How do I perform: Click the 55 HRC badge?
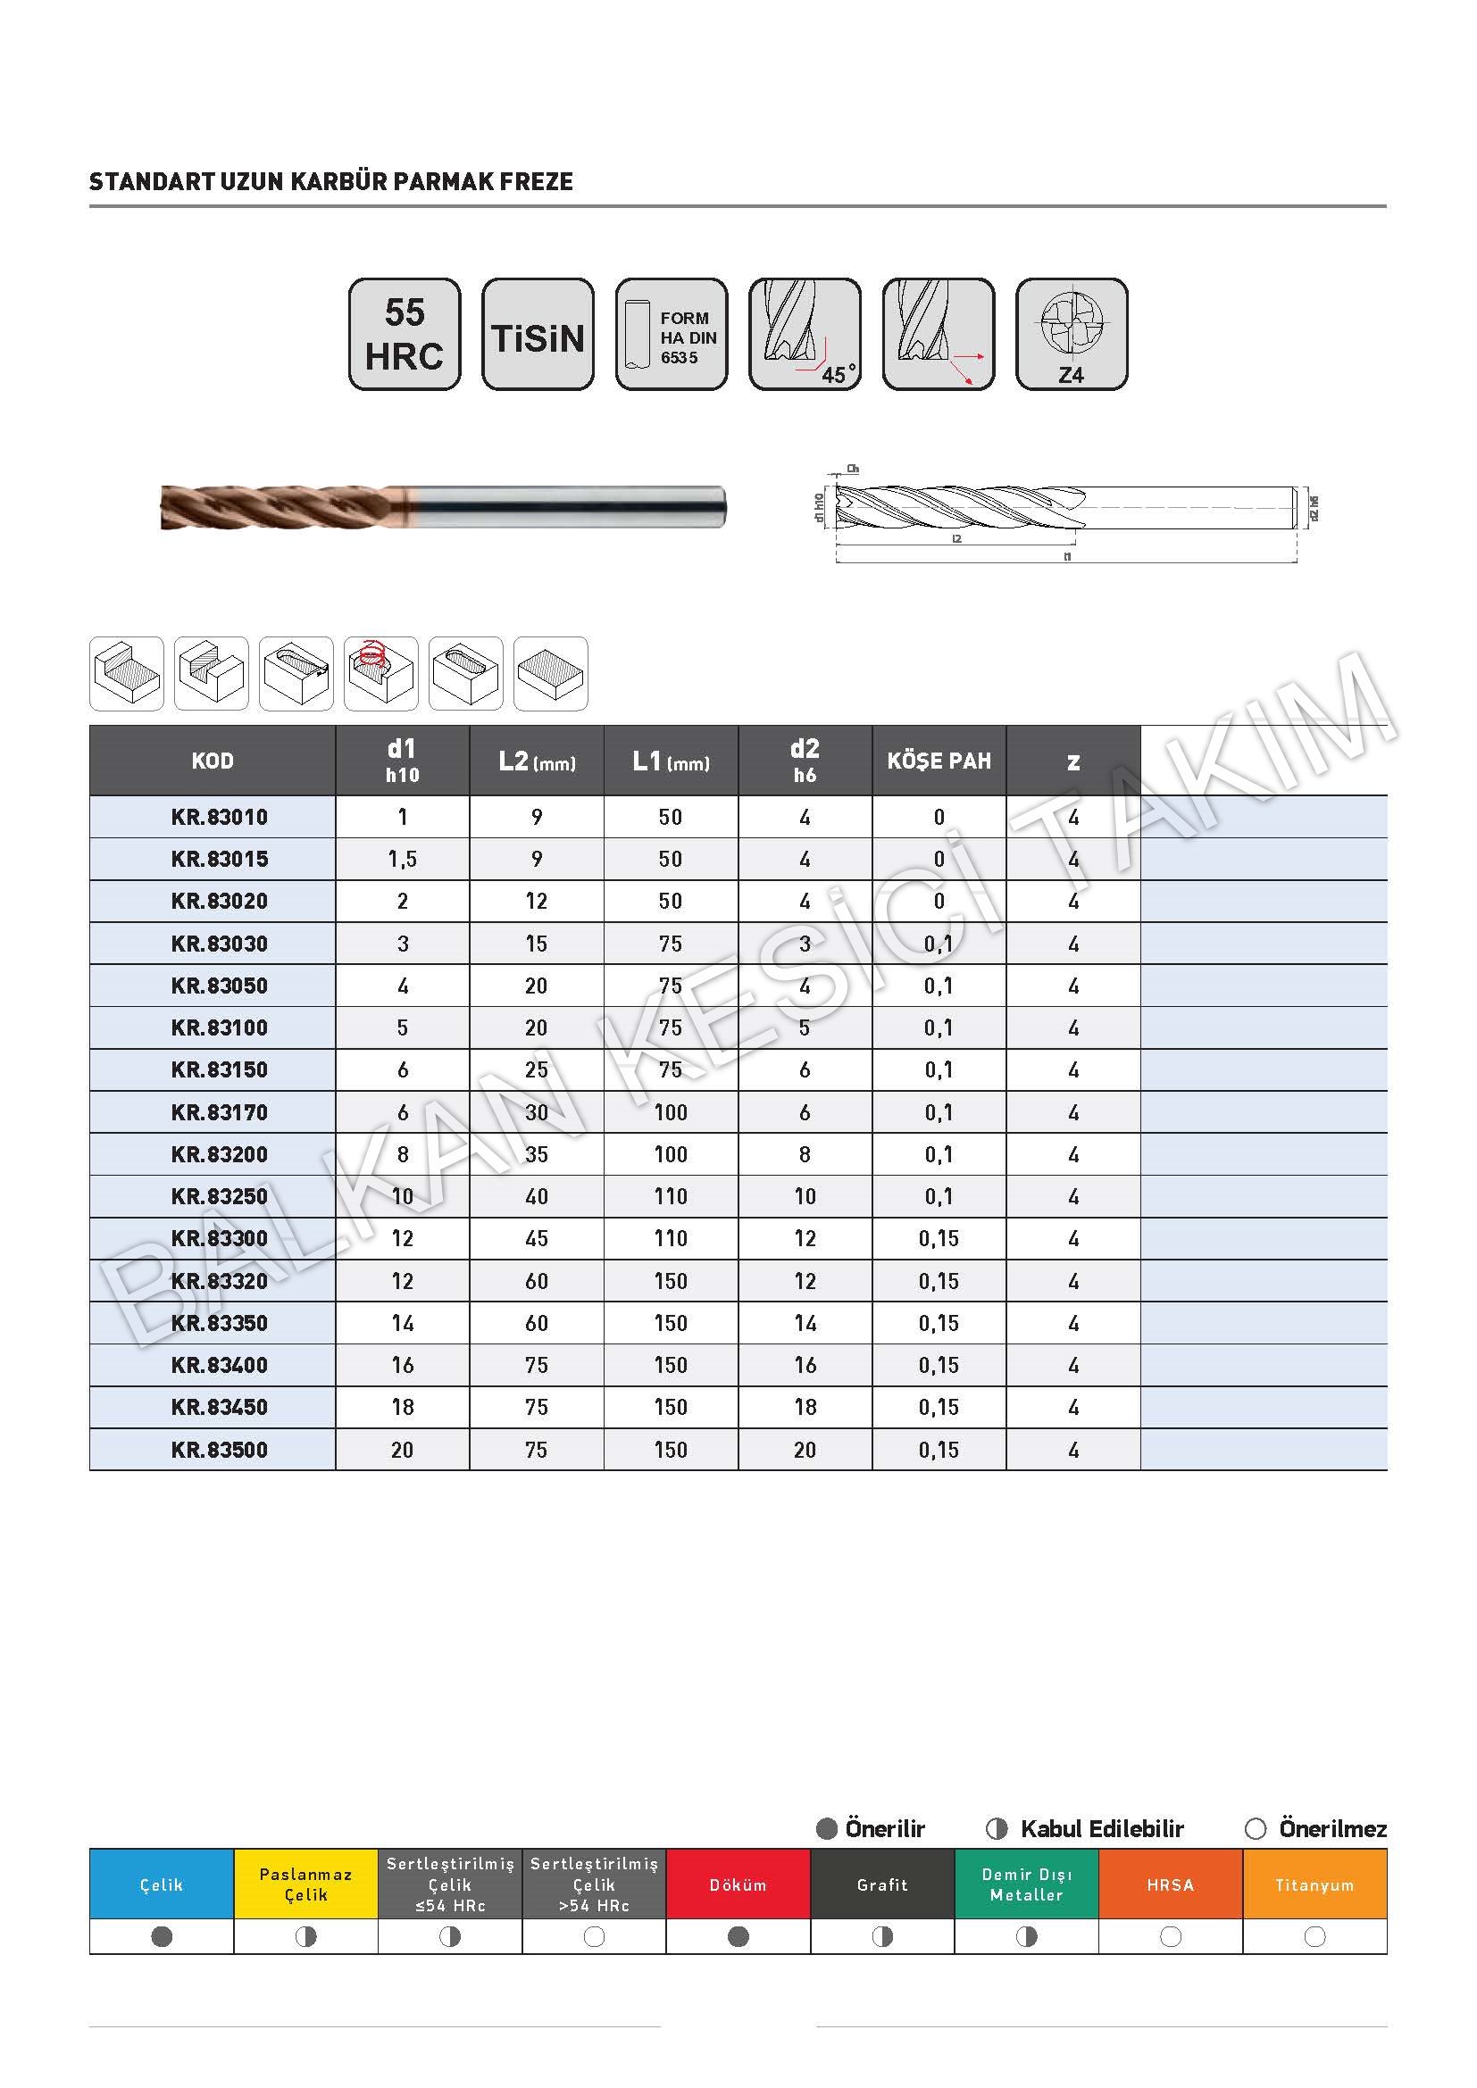pyautogui.click(x=405, y=335)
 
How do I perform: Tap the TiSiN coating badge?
pyautogui.click(x=538, y=335)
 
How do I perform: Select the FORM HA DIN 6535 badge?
pyautogui.click(x=672, y=335)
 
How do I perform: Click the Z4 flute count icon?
pyautogui.click(x=1072, y=335)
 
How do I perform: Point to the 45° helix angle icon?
pyautogui.click(x=805, y=335)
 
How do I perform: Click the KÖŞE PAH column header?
pyautogui.click(x=939, y=761)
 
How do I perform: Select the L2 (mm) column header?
pyautogui.click(x=537, y=761)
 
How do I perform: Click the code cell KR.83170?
pyautogui.click(x=219, y=1112)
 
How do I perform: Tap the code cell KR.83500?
pyautogui.click(x=219, y=1450)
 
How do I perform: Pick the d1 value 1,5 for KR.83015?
pyautogui.click(x=402, y=860)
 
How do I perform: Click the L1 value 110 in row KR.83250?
pyautogui.click(x=671, y=1197)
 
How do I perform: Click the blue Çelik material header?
pyautogui.click(x=161, y=1885)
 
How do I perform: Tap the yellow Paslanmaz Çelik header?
pyautogui.click(x=305, y=1885)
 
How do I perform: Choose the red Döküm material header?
pyautogui.click(x=738, y=1885)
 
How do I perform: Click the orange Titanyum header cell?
pyautogui.click(x=1314, y=1885)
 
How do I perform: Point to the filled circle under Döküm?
pyautogui.click(x=738, y=1937)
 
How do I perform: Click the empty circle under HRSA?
pyautogui.click(x=1171, y=1937)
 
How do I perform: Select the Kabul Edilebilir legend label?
pyautogui.click(x=1101, y=1829)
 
